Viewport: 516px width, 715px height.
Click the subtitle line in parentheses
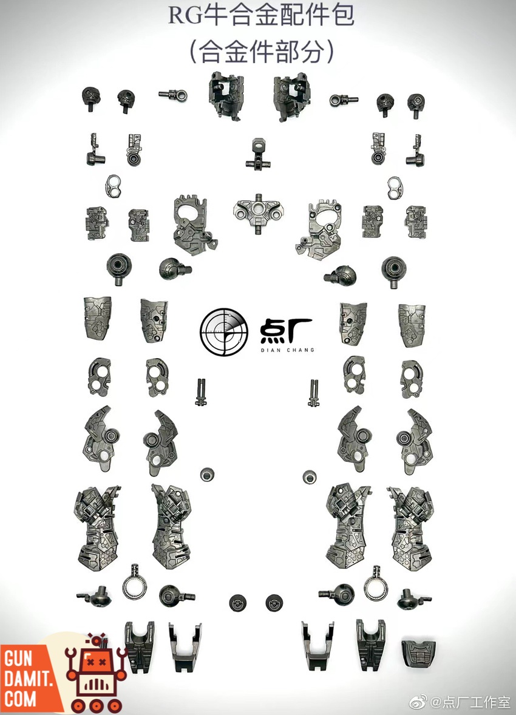click(x=260, y=52)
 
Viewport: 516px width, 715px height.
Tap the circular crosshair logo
click(x=224, y=331)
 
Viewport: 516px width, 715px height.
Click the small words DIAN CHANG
click(x=287, y=350)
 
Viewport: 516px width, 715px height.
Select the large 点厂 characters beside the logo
click(x=287, y=330)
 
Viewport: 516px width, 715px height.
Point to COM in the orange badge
click(x=20, y=697)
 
